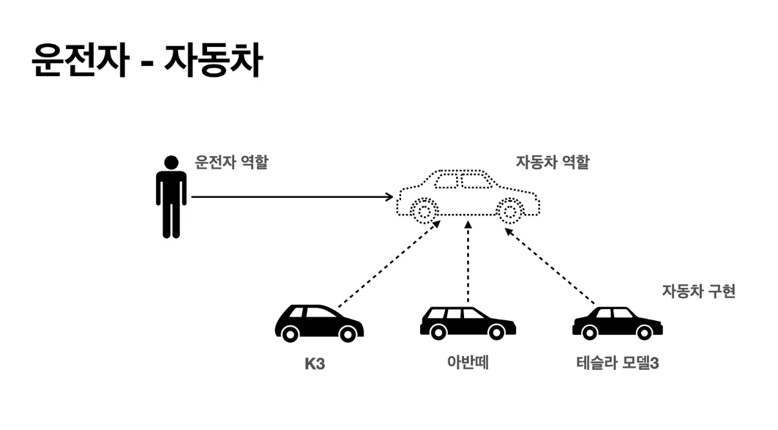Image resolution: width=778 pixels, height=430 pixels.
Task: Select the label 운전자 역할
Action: (231, 163)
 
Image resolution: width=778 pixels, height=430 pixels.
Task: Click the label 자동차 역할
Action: (553, 163)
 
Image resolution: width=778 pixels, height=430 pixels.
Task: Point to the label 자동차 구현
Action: (698, 291)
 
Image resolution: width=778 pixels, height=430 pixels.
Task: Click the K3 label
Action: (315, 363)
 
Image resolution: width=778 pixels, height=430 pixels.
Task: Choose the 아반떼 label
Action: (468, 362)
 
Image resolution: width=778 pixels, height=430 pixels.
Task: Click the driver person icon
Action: (171, 196)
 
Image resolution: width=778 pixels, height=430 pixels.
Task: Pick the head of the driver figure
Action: (171, 162)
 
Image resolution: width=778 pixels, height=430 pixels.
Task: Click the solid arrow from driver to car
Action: (293, 196)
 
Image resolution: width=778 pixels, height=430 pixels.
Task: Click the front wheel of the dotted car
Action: (423, 212)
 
